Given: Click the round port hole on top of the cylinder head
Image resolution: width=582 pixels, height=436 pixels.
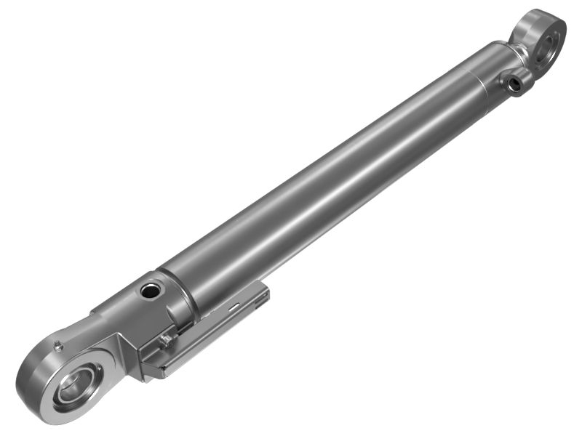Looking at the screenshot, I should (151, 291).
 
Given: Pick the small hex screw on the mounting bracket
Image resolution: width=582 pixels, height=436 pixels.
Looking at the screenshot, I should (166, 338).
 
